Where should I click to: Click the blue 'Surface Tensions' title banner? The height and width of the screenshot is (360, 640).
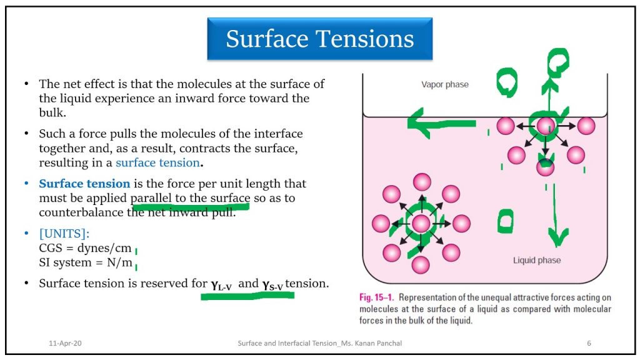319,39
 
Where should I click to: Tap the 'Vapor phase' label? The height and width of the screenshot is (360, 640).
445,84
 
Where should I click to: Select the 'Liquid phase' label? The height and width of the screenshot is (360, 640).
537,261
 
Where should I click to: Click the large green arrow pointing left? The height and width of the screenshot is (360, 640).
441,122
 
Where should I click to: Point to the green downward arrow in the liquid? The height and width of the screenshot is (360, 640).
556,216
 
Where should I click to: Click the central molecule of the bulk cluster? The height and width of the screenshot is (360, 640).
421,223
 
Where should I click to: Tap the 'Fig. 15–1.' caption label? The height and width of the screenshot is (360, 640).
376,297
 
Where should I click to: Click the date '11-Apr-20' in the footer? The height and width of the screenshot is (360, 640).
65,343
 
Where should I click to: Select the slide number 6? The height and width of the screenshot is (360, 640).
589,343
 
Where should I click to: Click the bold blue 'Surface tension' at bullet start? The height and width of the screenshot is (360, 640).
84,184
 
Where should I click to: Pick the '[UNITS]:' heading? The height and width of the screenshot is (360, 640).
64,234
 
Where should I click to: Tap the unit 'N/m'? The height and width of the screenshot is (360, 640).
119,262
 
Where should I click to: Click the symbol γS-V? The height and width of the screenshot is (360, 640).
272,284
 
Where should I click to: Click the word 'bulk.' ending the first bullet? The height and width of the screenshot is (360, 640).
52,112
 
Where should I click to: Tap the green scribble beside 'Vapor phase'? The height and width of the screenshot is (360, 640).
507,82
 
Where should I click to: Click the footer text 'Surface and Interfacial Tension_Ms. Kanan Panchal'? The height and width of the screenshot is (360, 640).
319,343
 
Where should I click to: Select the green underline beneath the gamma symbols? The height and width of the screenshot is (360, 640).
247,296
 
